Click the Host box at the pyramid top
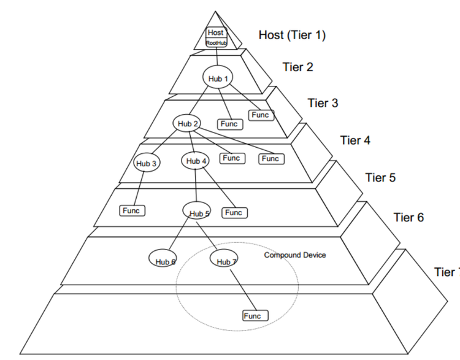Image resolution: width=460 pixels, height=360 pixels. coord(215,33)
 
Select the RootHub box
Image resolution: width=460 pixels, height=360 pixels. coord(216,43)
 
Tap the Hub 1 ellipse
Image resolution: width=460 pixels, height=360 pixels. coord(218,78)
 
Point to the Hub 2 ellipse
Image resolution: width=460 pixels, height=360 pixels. coord(188,123)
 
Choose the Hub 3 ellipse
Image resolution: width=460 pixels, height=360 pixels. coord(147,163)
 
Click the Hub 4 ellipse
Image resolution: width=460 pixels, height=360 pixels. coord(196,161)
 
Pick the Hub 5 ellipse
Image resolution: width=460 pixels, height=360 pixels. coord(197,212)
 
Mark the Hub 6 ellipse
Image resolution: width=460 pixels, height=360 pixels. coord(163,259)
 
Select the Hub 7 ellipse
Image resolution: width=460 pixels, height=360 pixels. coord(224,259)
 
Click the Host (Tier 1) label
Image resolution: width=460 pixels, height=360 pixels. coord(291,35)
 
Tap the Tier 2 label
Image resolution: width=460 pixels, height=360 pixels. coord(297,67)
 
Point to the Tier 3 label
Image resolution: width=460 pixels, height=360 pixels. coord(323,103)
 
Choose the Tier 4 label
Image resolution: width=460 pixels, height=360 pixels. coord(355,140)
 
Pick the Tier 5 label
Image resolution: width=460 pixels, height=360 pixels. coord(380,178)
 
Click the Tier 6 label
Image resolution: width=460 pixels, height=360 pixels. coord(408,217)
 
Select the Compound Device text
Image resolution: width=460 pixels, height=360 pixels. coord(294,255)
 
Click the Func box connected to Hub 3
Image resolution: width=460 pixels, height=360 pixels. coord(131,211)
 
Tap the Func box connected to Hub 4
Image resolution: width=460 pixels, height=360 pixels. coord(233,213)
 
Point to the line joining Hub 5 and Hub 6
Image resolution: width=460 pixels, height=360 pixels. coord(179,235)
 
